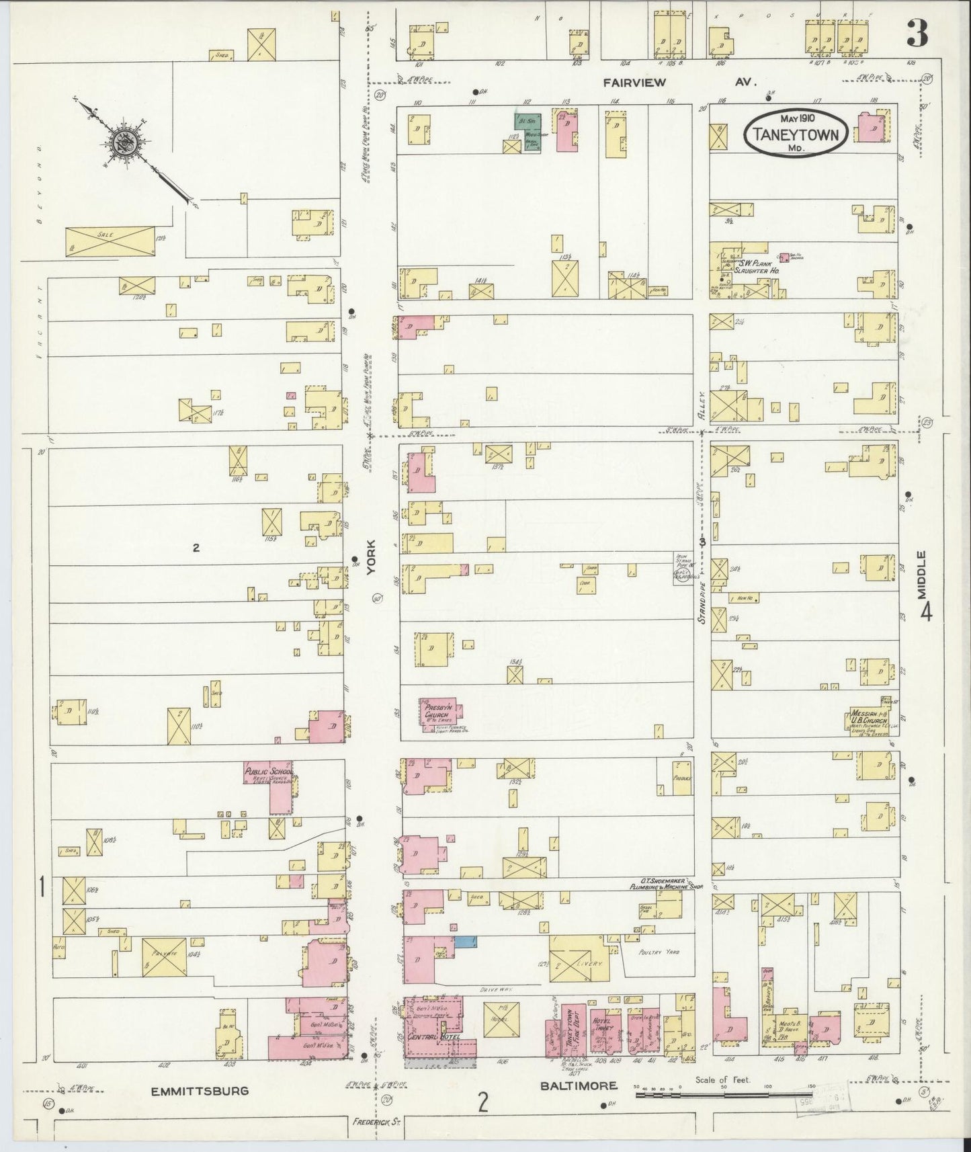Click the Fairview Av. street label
679,83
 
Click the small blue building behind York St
463,941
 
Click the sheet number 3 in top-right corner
917,35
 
